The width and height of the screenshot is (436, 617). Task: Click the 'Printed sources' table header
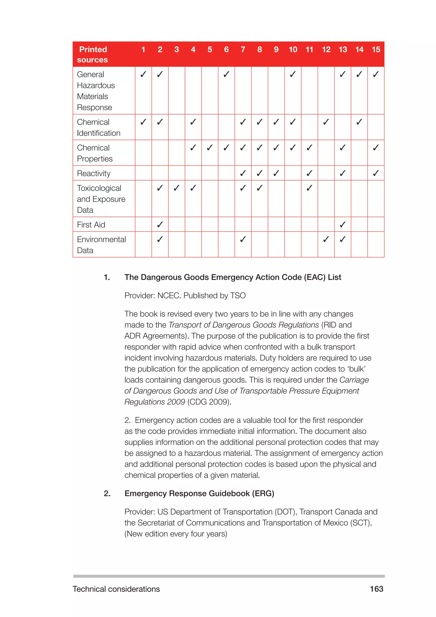(x=93, y=54)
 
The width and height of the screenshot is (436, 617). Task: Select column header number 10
(x=293, y=49)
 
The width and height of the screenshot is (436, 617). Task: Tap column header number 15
(x=376, y=49)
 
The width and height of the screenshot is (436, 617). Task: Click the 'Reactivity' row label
(x=94, y=173)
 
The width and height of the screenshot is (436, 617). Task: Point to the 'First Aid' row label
(x=91, y=225)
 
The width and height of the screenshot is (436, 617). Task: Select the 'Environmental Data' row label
(x=101, y=245)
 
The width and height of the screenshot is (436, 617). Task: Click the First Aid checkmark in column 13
(x=343, y=224)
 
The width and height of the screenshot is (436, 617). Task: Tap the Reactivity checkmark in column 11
(x=310, y=173)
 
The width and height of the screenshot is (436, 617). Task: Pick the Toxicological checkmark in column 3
(x=176, y=188)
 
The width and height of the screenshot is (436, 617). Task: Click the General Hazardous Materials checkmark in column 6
(x=226, y=74)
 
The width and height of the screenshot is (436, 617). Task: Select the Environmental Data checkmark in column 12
(x=326, y=239)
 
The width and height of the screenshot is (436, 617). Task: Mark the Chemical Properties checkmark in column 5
(x=210, y=147)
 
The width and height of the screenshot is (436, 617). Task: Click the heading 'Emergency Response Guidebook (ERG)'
(x=199, y=493)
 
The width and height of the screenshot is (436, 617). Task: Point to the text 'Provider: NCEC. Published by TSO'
(x=185, y=295)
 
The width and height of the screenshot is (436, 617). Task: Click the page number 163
(x=376, y=589)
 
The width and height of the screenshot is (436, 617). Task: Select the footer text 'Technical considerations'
(x=116, y=589)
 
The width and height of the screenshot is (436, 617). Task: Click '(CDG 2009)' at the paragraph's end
(x=209, y=402)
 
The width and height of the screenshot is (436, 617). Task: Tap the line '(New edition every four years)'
(x=176, y=534)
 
